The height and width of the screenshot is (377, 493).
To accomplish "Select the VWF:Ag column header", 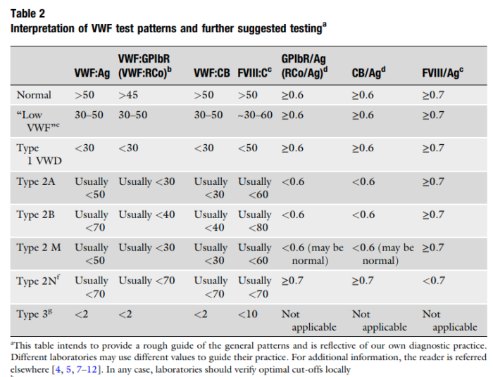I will pos(92,72).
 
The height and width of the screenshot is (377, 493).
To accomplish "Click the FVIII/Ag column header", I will pos(442,72).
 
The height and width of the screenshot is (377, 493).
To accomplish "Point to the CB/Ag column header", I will pos(369,72).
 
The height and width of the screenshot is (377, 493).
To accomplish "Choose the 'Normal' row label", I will pos(34,94).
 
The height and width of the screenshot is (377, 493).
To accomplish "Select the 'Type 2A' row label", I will pos(36,181).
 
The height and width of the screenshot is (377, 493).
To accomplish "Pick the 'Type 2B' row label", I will pos(36,215).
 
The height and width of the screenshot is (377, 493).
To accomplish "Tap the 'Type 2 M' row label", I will pos(39,248).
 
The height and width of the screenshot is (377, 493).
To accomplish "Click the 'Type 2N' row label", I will pos(37,281).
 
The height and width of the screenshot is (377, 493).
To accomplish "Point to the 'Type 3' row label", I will pos(33,314).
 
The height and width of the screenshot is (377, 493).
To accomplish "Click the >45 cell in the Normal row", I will pos(127,94).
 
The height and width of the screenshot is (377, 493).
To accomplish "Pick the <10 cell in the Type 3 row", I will pos(248,314).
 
